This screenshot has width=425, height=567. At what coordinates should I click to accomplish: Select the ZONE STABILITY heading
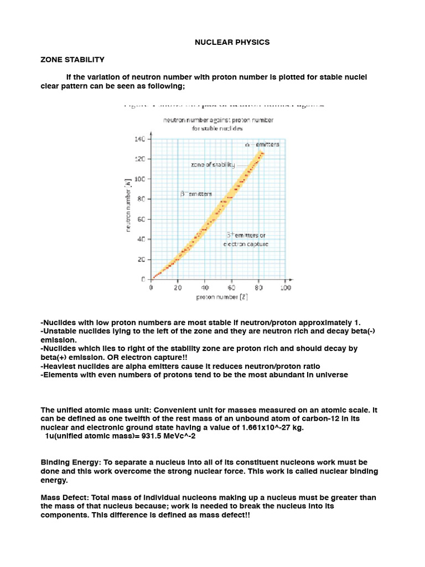tap(72, 59)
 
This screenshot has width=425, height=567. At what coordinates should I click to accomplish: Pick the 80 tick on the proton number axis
tap(258, 288)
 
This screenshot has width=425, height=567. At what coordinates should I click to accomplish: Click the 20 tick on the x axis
tap(178, 288)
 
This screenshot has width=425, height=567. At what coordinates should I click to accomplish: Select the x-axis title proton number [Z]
tap(221, 298)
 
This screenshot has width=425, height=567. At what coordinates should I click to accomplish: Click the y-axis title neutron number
tap(128, 205)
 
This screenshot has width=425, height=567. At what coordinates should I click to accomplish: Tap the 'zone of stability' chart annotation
tap(212, 164)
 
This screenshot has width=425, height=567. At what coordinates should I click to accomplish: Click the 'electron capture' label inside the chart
tap(246, 244)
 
